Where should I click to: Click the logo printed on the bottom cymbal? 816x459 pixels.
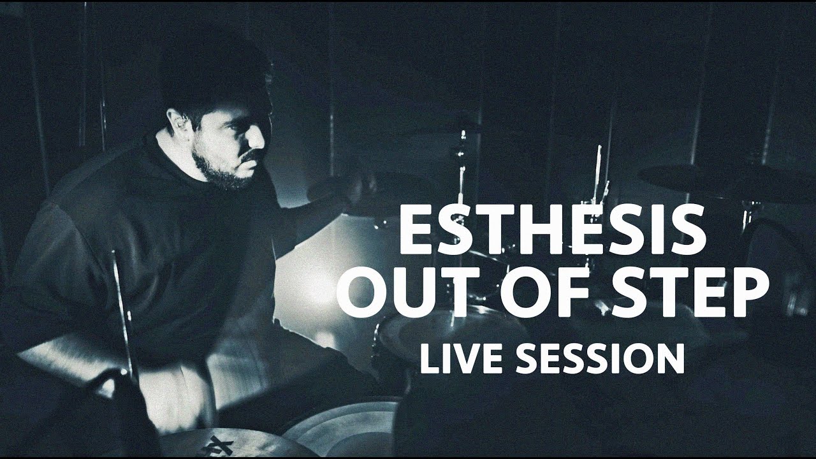pos(217,445)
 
